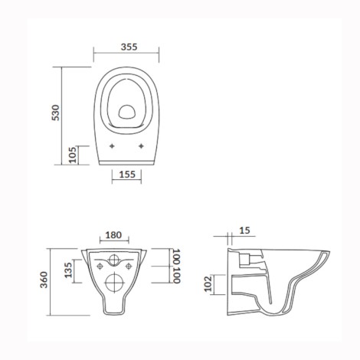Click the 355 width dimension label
click(129, 47)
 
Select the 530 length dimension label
click(55, 113)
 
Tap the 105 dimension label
click(73, 155)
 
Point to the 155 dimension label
click(127, 175)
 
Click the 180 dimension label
click(113, 235)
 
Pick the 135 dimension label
click(68, 270)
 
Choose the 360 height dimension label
click(44, 280)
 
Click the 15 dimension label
click(244, 231)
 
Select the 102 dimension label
click(208, 283)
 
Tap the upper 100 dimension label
click(176, 257)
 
